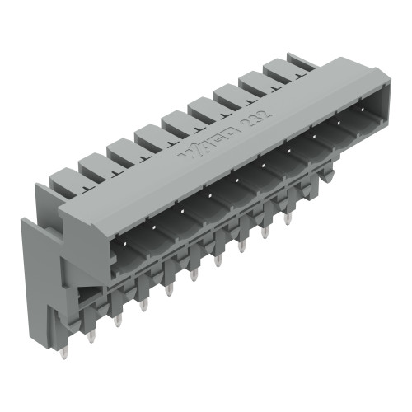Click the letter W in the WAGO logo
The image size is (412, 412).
pyautogui.click(x=188, y=152)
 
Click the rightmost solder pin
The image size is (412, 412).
pyautogui.click(x=288, y=218)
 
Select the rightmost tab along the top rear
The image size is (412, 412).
pyautogui.click(x=300, y=63)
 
